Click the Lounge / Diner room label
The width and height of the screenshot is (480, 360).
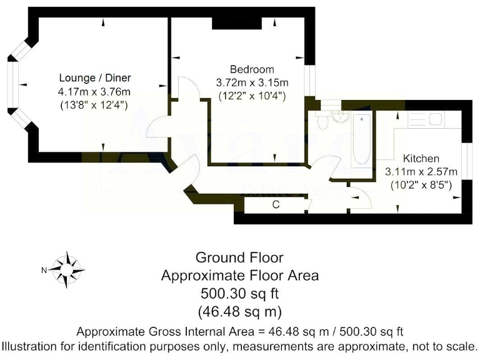tap(95, 78)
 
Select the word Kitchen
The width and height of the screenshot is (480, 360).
tap(420, 158)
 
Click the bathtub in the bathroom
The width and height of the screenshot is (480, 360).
tap(361, 140)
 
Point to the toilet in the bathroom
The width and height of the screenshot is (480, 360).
tap(322, 122)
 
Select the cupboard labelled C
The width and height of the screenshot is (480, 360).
tap(275, 204)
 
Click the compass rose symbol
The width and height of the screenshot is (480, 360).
tap(67, 269)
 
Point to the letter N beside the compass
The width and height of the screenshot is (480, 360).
tap(44, 270)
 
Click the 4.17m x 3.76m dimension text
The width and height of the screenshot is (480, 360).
tap(95, 92)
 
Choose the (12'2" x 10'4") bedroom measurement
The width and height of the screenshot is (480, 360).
tap(251, 96)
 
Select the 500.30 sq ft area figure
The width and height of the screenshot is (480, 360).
tap(239, 293)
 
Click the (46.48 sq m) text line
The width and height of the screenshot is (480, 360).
tap(239, 311)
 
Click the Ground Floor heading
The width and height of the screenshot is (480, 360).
tap(239, 257)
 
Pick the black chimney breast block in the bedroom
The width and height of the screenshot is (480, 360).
tap(236, 22)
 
